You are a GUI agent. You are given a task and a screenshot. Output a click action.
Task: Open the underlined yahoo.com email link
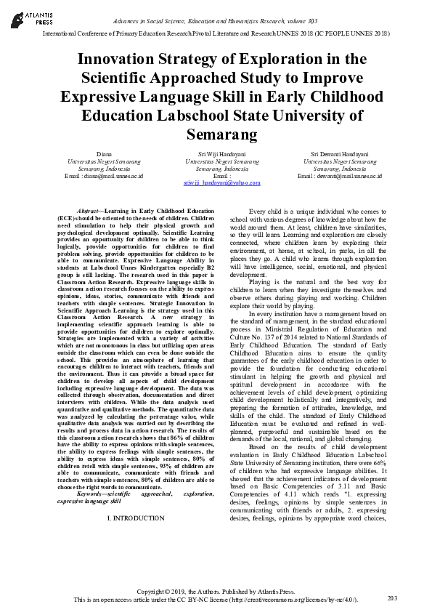coord(221,183)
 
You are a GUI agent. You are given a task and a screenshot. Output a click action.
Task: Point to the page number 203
coord(393,597)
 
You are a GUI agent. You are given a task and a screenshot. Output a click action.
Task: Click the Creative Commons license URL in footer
coord(294,599)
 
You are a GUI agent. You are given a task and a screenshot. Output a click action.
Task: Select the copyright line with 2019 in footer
coord(216,592)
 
